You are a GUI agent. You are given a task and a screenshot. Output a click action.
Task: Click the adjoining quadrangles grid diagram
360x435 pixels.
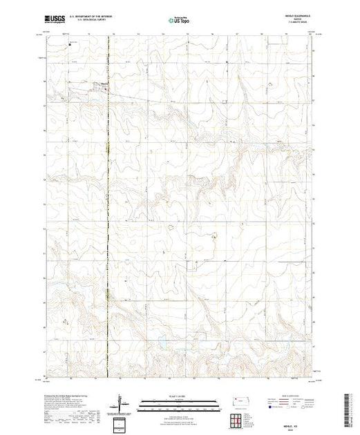[237, 418]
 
